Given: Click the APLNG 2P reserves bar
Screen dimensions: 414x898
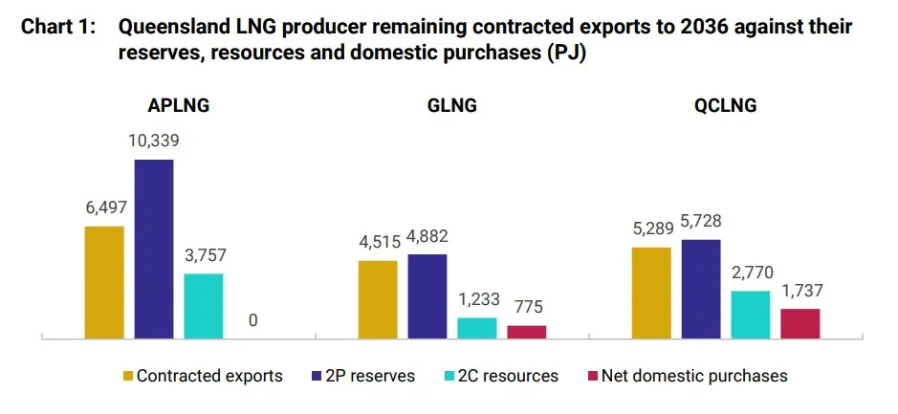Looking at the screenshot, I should click(153, 248).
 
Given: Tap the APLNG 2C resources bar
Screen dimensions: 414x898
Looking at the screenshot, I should click(203, 305).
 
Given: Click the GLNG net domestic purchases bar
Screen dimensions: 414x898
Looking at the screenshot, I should click(526, 331).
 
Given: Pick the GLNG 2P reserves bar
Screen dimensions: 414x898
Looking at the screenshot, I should click(427, 295).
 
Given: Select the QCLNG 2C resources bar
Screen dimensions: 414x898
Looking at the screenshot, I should click(750, 314).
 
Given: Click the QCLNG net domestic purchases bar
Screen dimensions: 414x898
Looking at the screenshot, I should click(799, 322).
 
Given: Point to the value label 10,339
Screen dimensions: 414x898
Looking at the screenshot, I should click(153, 141).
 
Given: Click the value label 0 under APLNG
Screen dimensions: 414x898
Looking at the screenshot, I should click(252, 320).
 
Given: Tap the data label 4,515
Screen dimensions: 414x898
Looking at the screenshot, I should click(378, 241).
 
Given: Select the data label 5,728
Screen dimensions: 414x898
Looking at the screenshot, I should click(700, 221).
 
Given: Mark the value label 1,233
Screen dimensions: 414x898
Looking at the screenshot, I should click(476, 299).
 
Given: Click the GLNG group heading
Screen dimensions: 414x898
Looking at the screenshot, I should click(451, 106).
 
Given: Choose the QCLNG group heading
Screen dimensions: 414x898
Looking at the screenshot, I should click(725, 106).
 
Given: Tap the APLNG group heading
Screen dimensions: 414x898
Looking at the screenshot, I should click(178, 106).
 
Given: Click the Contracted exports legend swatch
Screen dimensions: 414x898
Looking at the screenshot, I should click(127, 376).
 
